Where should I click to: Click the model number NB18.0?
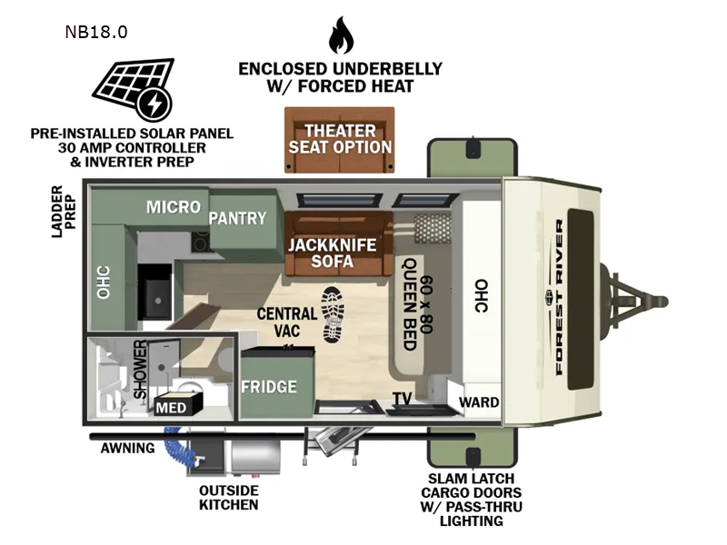pyautogui.click(x=95, y=32)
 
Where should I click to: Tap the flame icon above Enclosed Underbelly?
pyautogui.click(x=340, y=35)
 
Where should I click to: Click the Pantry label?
pyautogui.click(x=238, y=218)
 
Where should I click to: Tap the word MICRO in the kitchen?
pyautogui.click(x=173, y=207)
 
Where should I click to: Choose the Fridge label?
pyautogui.click(x=268, y=387)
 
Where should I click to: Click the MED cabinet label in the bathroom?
pyautogui.click(x=171, y=408)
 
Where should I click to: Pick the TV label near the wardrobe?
pyautogui.click(x=402, y=399)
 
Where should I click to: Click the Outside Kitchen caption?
pyautogui.click(x=228, y=498)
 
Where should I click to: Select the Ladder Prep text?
pyautogui.click(x=65, y=211)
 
